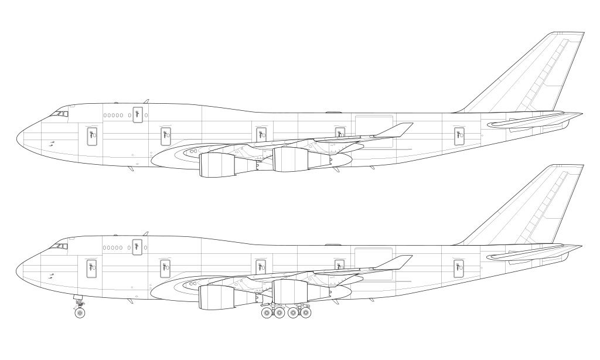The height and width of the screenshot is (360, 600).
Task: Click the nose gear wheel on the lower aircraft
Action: tap(80, 313)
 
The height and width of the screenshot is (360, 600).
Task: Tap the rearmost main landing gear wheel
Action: tap(305, 313)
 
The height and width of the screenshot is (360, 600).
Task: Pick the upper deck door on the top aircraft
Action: tap(138, 115)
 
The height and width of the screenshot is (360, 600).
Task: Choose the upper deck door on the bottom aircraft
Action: tap(138, 247)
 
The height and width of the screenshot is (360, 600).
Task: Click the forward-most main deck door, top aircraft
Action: tap(91, 136)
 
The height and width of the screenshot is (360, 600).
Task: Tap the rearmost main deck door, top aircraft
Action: tap(459, 136)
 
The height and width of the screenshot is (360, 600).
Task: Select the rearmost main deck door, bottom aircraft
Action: tap(459, 268)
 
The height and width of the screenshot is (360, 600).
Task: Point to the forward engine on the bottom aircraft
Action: tap(217, 297)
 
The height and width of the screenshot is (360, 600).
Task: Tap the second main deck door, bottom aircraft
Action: tap(165, 268)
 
